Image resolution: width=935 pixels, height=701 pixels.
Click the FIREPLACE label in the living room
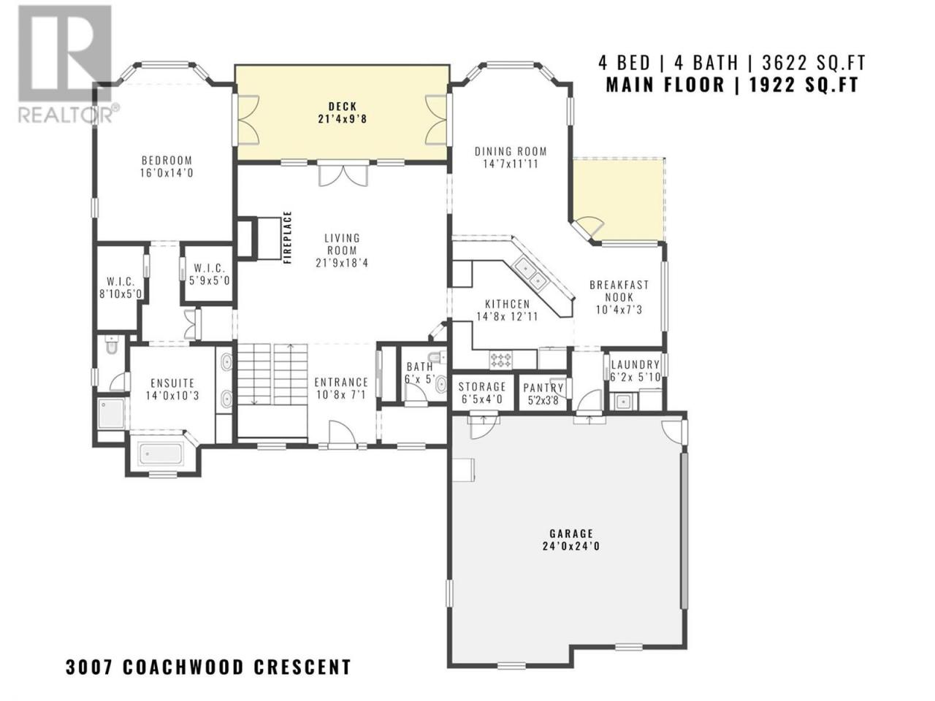pyautogui.click(x=289, y=237)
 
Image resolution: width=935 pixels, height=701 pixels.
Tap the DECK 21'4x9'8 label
pyautogui.click(x=342, y=112)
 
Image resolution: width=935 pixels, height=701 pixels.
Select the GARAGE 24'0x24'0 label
pyautogui.click(x=570, y=540)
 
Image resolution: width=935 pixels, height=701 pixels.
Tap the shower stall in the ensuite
pyautogui.click(x=111, y=414)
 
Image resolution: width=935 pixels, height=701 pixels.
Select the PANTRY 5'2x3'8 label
pyautogui.click(x=543, y=394)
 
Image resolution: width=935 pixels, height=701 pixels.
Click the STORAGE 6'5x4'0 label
pyautogui.click(x=482, y=392)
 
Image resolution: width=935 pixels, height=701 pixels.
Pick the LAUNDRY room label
pyautogui.click(x=635, y=365)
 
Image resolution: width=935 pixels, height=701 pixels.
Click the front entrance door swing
pyautogui.click(x=342, y=433)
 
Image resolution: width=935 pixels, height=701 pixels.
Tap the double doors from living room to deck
pyautogui.click(x=343, y=175)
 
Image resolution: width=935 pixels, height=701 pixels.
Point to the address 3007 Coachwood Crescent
pyautogui.click(x=208, y=667)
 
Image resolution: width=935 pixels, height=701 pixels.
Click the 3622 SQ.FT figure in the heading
pyautogui.click(x=814, y=64)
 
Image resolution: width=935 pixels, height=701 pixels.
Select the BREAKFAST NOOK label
pyautogui.click(x=619, y=291)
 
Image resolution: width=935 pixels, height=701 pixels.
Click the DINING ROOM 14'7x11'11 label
pyautogui.click(x=511, y=157)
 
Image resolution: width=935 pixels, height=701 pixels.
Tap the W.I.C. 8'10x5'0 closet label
pyautogui.click(x=121, y=287)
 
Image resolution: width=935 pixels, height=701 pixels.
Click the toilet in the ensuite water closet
pyautogui.click(x=111, y=345)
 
